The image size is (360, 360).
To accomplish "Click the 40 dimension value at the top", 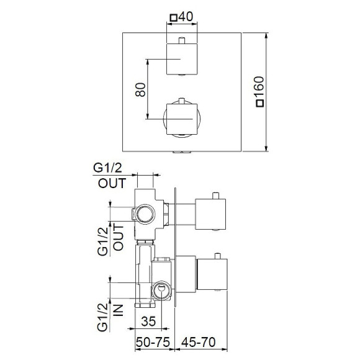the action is [186, 17].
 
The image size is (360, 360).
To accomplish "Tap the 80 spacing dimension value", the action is [140, 89].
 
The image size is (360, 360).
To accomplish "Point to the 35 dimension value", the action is [148, 321].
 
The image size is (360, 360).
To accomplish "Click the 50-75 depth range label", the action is [153, 342].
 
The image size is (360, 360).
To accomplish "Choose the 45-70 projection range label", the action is [199, 342].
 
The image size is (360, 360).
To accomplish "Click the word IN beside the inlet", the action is [119, 310].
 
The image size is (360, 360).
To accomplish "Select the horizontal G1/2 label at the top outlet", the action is [107, 168].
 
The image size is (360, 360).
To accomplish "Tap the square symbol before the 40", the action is [174, 17].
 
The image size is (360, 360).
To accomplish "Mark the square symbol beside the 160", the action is [260, 104].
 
